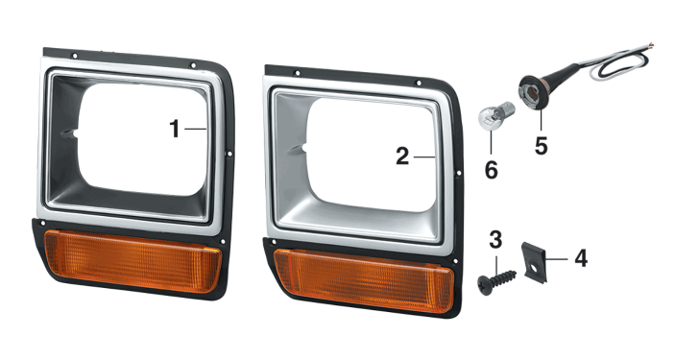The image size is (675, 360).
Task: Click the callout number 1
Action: (x=175, y=129)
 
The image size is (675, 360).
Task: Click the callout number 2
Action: (x=402, y=156)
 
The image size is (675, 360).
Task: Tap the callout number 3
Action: (x=495, y=240)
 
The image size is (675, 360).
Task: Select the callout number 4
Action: (x=581, y=259)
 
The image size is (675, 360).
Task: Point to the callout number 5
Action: (x=542, y=146)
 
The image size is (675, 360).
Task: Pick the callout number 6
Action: (x=492, y=170)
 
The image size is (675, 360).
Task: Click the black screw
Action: (x=495, y=281)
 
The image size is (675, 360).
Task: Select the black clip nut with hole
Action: (x=534, y=262)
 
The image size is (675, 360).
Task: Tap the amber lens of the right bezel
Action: (x=364, y=280)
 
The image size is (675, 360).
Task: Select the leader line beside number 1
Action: (x=196, y=129)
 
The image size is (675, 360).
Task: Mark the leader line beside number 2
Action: (x=424, y=157)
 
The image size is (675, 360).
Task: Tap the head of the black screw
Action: (x=485, y=285)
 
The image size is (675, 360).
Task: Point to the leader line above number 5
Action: (x=541, y=120)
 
